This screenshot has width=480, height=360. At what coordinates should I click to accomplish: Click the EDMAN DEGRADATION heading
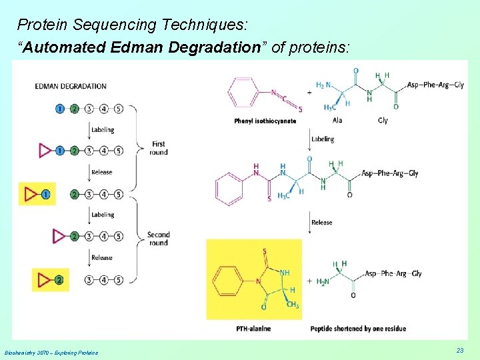(x=71, y=86)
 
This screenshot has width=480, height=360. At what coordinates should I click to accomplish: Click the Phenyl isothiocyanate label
(x=265, y=121)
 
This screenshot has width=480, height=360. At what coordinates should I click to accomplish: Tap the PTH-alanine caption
(x=253, y=329)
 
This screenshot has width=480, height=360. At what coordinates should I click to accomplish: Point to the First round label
(x=159, y=148)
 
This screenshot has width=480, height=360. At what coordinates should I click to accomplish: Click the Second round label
(x=159, y=239)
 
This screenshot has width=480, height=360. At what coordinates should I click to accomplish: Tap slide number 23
(x=460, y=351)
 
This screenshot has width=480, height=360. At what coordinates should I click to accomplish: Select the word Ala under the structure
(x=337, y=121)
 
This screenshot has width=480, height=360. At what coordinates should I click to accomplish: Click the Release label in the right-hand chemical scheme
(x=321, y=223)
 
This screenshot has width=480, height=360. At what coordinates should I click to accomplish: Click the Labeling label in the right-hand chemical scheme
(x=323, y=139)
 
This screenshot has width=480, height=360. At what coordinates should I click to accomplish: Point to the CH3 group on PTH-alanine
(x=293, y=305)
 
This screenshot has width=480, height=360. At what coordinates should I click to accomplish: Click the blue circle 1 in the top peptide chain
(x=60, y=109)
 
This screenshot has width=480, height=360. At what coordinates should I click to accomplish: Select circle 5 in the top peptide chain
(x=118, y=109)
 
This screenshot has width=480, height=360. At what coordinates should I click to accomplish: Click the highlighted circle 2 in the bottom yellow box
(x=60, y=280)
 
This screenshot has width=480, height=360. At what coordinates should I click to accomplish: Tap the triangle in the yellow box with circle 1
(x=31, y=195)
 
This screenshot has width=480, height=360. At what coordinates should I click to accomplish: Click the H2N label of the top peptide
(x=323, y=86)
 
